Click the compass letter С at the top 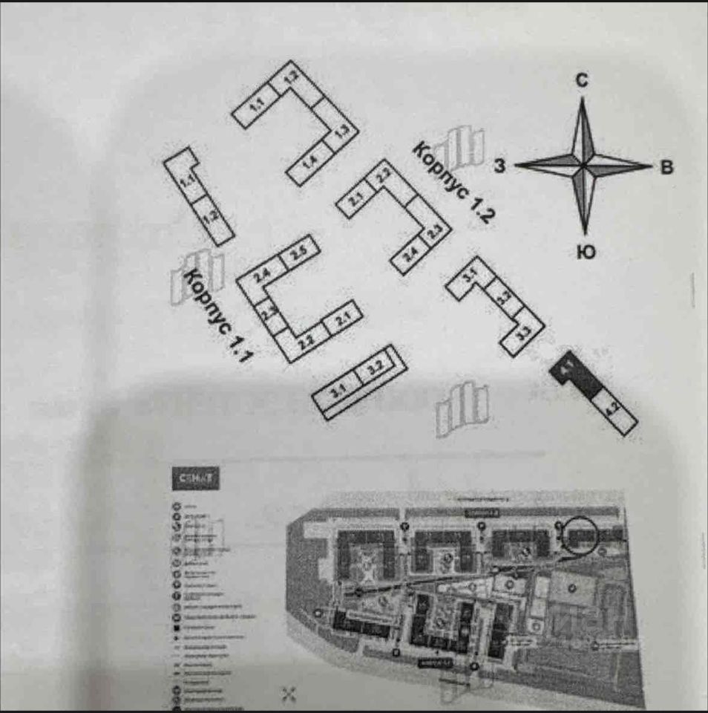[583, 82]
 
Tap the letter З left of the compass [499, 167]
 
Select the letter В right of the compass [667, 168]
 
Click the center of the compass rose [584, 166]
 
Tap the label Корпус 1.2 [453, 183]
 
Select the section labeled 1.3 [341, 133]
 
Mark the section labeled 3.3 [524, 335]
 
